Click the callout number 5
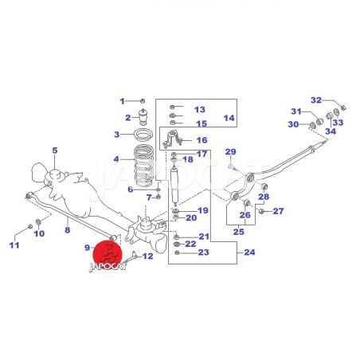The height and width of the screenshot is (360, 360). (55, 151)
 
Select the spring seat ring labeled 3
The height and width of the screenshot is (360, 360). (143, 135)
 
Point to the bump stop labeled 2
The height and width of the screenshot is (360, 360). (143, 116)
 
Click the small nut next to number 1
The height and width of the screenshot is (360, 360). (143, 101)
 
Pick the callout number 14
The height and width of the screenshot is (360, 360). (229, 118)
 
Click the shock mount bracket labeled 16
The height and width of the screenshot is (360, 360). (172, 138)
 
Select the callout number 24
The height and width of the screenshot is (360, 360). (249, 252)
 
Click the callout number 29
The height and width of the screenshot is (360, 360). (230, 152)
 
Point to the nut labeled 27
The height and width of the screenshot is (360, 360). (261, 211)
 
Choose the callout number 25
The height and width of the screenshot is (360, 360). (238, 232)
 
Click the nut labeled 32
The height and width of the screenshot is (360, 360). (343, 108)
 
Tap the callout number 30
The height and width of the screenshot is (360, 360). (293, 124)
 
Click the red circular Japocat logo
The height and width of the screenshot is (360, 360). (108, 255)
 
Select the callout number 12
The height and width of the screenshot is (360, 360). (148, 256)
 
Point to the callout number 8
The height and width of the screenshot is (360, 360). (68, 229)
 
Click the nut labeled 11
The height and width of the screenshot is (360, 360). (30, 226)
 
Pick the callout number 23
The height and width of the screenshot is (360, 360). (204, 252)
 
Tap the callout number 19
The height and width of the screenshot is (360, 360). (203, 210)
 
